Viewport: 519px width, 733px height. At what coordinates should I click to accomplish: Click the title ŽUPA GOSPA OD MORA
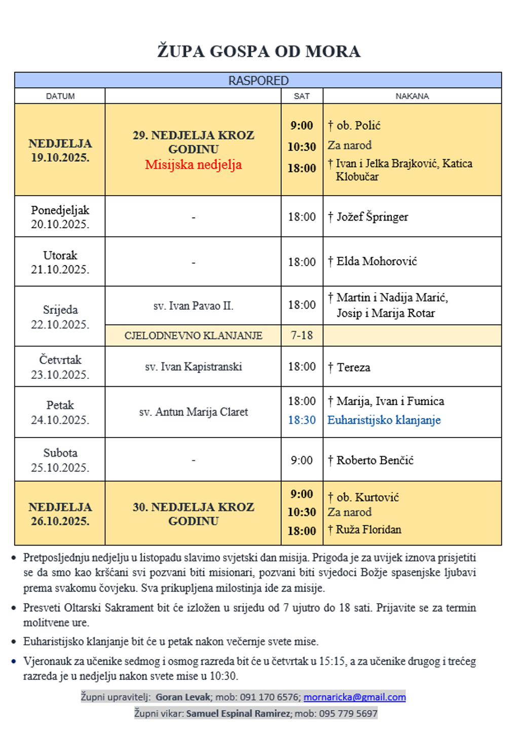(258, 51)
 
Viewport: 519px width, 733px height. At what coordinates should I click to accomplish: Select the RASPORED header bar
(258, 81)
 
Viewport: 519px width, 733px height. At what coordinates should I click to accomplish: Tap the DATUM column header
(60, 96)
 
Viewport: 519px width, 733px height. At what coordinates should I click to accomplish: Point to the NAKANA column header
(412, 96)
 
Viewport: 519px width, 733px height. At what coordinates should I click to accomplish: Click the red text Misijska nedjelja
(193, 165)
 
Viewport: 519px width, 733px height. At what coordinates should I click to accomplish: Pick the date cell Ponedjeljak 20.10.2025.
(60, 217)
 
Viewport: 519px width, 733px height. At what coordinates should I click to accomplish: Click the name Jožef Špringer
(372, 217)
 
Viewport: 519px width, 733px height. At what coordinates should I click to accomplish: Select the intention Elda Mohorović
(376, 262)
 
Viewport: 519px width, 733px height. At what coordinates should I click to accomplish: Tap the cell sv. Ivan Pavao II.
(193, 306)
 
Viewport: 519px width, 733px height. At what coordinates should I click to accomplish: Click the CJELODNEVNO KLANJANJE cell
(193, 336)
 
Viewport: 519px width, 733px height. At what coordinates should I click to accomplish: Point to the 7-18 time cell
(302, 336)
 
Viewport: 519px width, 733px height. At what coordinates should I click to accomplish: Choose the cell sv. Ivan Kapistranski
(193, 366)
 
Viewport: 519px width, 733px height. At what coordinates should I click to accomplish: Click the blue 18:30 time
(302, 420)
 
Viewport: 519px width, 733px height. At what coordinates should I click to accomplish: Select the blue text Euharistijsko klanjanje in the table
(384, 420)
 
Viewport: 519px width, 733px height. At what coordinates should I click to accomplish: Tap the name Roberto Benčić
(375, 460)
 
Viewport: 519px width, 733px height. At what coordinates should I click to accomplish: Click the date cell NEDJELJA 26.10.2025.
(60, 514)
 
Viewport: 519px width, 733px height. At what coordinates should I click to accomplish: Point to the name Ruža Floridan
(368, 530)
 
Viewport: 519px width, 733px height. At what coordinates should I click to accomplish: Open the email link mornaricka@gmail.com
(354, 697)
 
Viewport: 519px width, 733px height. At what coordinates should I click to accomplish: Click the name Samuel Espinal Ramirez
(238, 714)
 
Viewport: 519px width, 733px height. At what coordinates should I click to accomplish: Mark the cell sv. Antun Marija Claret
(193, 412)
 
